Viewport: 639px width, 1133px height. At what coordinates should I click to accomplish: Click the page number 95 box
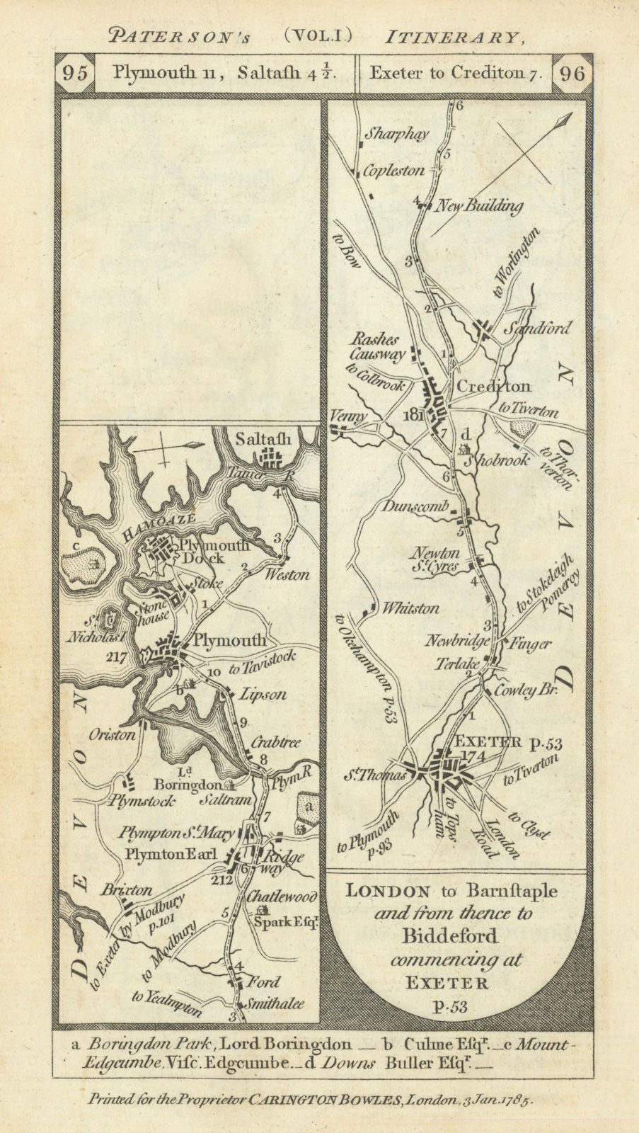(x=75, y=74)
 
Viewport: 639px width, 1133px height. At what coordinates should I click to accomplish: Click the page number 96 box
(x=572, y=74)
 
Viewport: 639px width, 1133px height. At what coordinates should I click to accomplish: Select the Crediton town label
(x=494, y=387)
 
